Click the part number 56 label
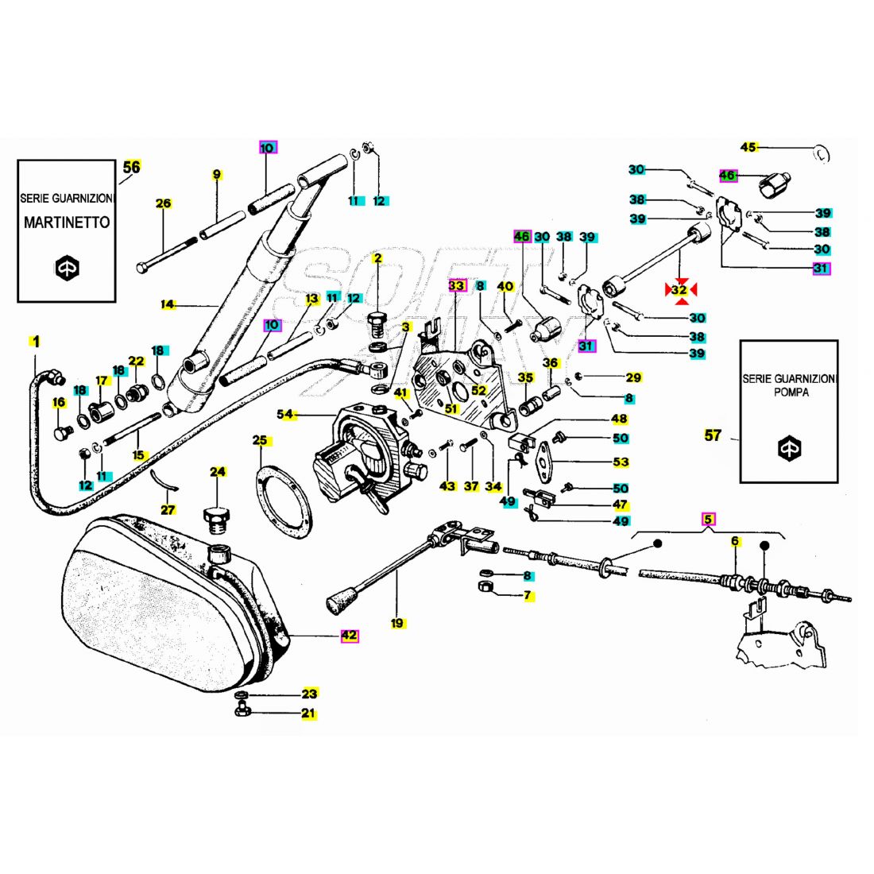point(132,168)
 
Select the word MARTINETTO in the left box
point(67,222)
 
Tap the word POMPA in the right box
point(790,393)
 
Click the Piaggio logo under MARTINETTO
point(67,268)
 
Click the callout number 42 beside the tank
point(350,636)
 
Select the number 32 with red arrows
point(679,291)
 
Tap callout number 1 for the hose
point(35,342)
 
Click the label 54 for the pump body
point(284,415)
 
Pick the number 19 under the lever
point(397,624)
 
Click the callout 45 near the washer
point(748,147)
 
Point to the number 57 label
point(713,435)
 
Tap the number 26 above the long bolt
point(163,204)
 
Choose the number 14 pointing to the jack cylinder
point(167,304)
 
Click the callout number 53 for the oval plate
point(621,462)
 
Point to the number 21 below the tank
point(308,714)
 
